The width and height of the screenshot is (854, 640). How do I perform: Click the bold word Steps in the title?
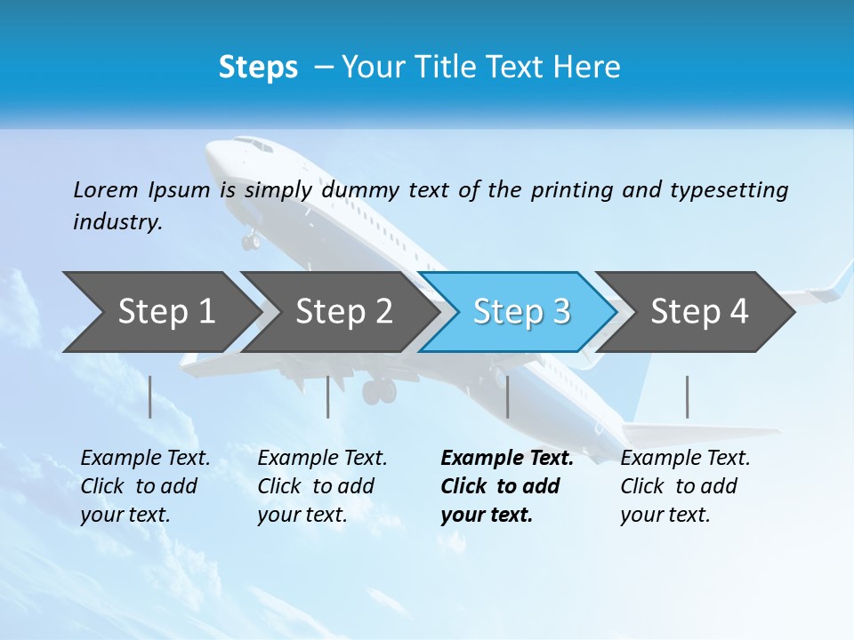click(258, 68)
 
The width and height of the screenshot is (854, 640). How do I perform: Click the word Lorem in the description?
click(105, 190)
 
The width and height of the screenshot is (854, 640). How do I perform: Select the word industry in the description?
click(117, 222)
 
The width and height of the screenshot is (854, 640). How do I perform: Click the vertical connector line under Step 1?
click(149, 396)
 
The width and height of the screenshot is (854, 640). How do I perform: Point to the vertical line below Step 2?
click(328, 396)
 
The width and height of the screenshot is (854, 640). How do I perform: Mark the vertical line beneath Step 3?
click(507, 396)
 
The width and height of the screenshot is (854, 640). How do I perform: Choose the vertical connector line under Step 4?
click(687, 396)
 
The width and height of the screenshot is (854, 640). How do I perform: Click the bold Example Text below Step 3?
click(507, 459)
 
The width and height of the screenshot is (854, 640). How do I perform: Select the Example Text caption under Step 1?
click(145, 459)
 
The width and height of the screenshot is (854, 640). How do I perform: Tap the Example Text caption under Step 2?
click(322, 459)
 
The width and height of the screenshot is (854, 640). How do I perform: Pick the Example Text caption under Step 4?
click(685, 459)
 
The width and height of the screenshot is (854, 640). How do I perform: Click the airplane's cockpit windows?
click(254, 145)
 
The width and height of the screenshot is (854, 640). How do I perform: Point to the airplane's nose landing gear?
click(251, 239)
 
